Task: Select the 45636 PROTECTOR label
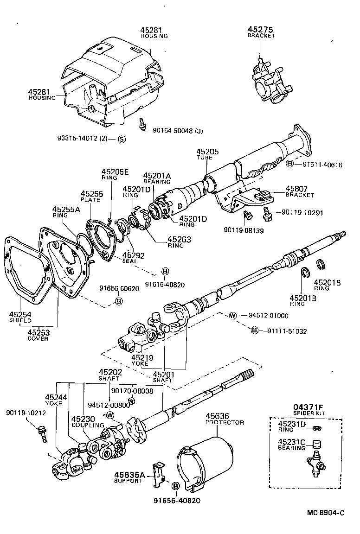(x=225, y=419)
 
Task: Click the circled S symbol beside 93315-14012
(x=121, y=138)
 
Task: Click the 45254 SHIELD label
(x=20, y=317)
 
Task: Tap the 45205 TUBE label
(x=207, y=154)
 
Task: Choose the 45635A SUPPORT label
(x=129, y=477)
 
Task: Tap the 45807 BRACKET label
(x=296, y=191)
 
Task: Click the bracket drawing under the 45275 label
(x=270, y=81)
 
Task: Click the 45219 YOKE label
(x=140, y=360)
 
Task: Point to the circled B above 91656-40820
(x=176, y=486)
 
